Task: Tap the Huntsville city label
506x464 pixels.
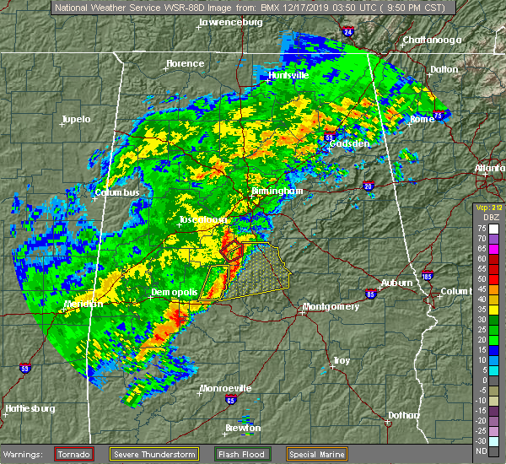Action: [x=288, y=75]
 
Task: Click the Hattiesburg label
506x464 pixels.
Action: [x=30, y=408]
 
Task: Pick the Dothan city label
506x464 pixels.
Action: [x=403, y=414]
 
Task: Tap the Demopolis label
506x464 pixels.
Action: [x=174, y=292]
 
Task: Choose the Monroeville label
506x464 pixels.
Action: [x=224, y=389]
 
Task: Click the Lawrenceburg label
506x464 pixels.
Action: [x=231, y=22]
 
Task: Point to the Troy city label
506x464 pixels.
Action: [x=341, y=360]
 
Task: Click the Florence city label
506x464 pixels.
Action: [x=185, y=63]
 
